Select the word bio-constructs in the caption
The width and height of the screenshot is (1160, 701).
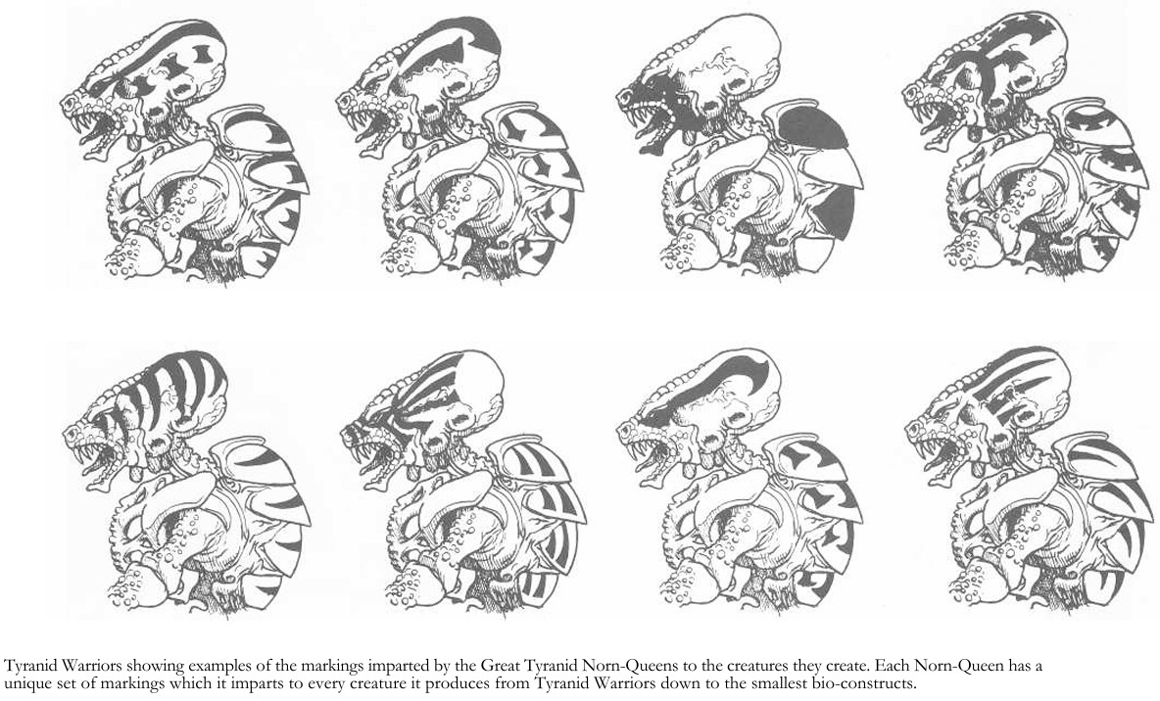(x=868, y=682)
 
